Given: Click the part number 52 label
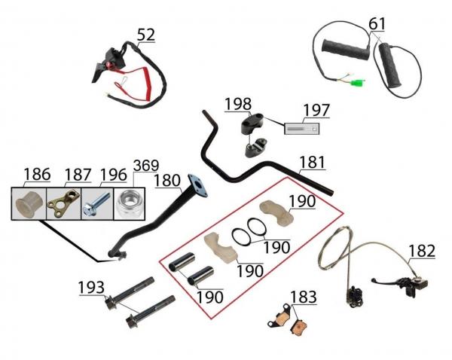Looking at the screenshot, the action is click(x=146, y=35).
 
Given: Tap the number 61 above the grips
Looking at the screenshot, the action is click(x=377, y=24).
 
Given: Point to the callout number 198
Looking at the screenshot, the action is click(x=238, y=104).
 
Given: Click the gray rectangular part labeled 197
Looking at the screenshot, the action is click(x=302, y=129).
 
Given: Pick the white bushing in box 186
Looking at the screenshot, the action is click(x=29, y=203).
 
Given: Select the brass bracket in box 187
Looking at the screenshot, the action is click(x=63, y=203).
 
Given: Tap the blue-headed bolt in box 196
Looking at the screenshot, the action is click(x=97, y=204).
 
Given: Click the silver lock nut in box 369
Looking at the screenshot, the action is click(x=129, y=204).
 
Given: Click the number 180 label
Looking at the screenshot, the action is click(x=167, y=181).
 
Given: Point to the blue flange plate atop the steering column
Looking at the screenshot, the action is click(x=197, y=185).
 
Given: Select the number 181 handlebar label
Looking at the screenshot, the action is click(x=313, y=162).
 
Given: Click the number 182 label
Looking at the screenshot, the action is click(x=422, y=251).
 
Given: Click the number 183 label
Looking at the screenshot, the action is click(x=304, y=297).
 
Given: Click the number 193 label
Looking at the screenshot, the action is click(x=91, y=288).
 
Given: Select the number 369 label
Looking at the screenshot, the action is click(x=146, y=166).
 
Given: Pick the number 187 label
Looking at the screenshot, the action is click(x=78, y=175).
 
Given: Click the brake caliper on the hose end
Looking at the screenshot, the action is click(x=354, y=296).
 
